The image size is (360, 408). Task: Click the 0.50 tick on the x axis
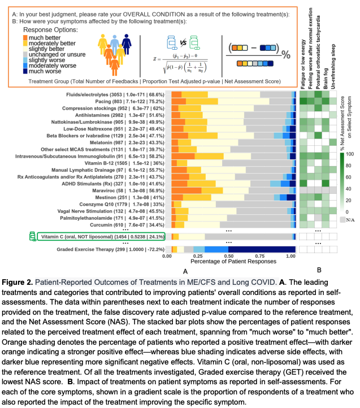point(229,256)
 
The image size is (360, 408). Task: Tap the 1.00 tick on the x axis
point(290,256)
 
